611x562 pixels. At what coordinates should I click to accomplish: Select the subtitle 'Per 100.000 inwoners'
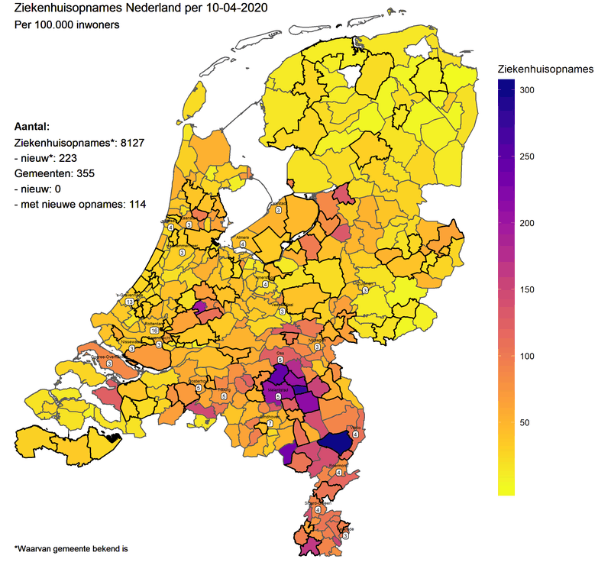66,24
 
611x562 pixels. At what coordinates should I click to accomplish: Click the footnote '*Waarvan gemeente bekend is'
71,547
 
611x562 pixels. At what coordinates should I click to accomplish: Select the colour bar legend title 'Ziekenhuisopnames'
545,69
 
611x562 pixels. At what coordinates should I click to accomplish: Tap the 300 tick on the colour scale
528,90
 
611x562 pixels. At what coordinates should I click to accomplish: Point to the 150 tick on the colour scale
528,289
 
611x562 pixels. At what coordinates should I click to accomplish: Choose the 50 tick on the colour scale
525,422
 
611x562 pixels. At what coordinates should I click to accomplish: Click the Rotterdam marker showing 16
154,330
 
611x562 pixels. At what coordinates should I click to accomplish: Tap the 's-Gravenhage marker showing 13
129,302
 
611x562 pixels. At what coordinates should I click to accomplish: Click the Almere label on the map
243,238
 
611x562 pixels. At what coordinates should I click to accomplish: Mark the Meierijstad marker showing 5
278,396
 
